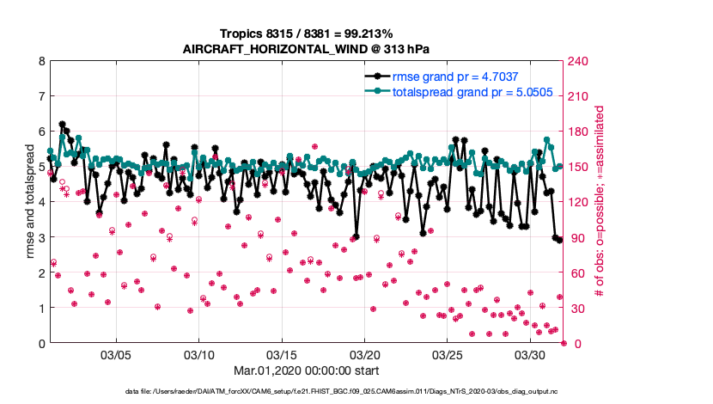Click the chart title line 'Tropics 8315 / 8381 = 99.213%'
(307, 34)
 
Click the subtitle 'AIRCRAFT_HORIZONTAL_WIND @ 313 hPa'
(307, 49)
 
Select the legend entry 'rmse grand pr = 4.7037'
(454, 77)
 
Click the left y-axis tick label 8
(41, 62)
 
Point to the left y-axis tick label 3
(41, 237)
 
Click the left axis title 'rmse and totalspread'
(30, 203)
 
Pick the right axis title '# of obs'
(600, 203)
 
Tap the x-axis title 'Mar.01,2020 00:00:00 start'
(307, 372)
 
